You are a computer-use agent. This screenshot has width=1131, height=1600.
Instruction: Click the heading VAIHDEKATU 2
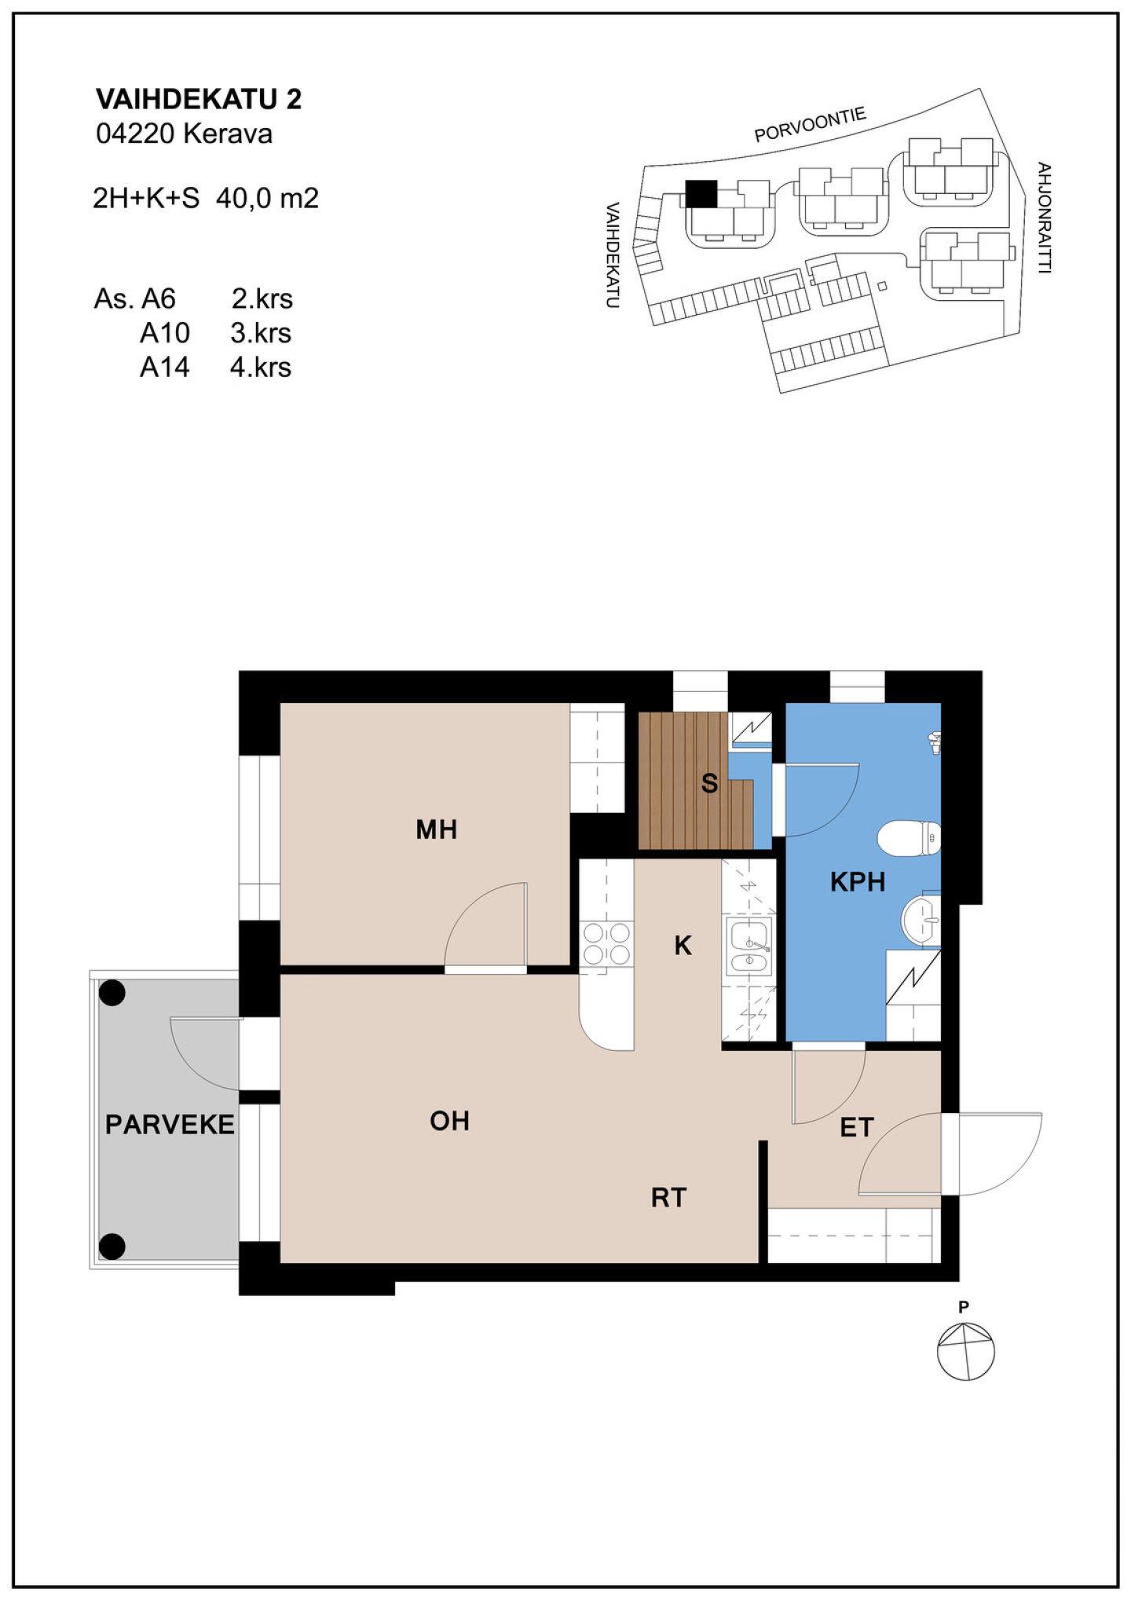199,99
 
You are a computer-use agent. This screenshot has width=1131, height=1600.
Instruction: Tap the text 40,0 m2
267,198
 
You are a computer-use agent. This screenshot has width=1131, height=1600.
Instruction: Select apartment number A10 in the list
165,333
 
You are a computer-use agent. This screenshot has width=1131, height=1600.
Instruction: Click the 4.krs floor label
261,367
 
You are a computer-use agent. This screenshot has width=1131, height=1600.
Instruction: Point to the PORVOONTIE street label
811,125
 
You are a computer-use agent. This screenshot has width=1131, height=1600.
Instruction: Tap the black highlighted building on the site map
701,193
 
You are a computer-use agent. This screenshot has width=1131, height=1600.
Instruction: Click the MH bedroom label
437,829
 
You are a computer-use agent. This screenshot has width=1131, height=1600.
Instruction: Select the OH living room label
449,1121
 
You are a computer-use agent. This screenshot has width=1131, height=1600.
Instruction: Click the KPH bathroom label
858,882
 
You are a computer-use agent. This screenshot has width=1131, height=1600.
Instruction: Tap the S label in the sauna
709,783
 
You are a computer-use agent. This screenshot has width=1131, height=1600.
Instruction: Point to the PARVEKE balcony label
170,1125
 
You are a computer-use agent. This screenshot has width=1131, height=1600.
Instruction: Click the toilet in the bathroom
910,838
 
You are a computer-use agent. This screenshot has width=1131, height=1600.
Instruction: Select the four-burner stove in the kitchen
606,943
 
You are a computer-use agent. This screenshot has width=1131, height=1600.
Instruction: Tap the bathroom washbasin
921,919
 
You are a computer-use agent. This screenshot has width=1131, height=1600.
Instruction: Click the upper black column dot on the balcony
112,994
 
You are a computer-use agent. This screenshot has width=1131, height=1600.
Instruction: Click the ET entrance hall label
857,1128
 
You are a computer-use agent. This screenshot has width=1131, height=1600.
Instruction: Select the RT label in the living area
669,1198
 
